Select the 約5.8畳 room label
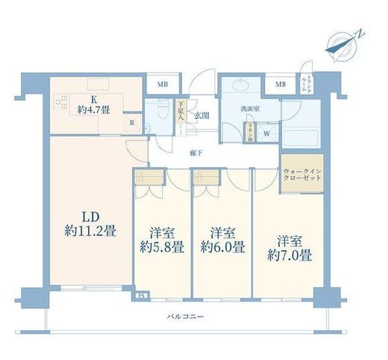click(x=162, y=240)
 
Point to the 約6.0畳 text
click(x=222, y=240)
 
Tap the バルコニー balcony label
click(x=184, y=318)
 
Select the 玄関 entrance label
click(x=201, y=116)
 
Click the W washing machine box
click(x=267, y=134)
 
